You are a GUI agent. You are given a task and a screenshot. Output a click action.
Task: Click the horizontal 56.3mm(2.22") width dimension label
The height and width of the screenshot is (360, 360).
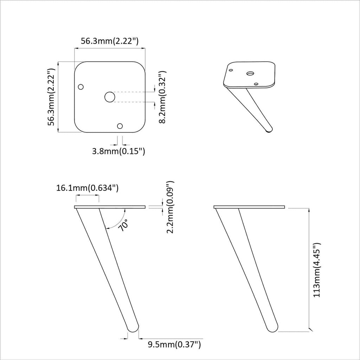coord(109,41)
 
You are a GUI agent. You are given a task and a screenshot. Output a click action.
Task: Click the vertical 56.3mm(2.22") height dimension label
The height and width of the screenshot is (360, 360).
coord(51,97)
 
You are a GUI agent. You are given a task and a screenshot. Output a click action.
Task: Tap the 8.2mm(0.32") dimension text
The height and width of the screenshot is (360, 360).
coord(162,97)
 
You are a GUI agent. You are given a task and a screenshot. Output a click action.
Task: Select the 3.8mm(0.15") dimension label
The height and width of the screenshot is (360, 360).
coord(118,152)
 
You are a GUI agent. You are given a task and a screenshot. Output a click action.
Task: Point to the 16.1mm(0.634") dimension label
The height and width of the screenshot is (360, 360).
coord(87,188)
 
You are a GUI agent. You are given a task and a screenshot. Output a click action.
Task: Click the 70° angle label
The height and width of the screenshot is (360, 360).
coord(123,225)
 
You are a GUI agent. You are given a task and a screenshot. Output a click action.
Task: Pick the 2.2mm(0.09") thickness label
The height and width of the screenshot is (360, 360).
coord(170,207)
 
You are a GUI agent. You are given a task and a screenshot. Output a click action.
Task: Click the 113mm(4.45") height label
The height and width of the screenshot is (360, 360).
coord(317,270)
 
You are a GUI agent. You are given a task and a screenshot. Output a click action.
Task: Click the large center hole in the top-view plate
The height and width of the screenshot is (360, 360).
coord(110,97)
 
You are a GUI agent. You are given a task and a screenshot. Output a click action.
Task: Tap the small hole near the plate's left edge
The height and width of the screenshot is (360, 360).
coord(81,86)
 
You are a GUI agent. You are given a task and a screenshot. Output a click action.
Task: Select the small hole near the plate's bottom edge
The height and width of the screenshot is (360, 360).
coord(120,126)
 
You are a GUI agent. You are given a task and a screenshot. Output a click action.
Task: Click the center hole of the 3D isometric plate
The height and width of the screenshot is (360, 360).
coord(250,73)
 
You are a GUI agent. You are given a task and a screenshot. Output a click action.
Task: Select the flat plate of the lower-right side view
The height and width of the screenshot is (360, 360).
coord(249,207)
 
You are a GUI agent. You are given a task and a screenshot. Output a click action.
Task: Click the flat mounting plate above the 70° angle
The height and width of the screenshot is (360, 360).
coord(110,207)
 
